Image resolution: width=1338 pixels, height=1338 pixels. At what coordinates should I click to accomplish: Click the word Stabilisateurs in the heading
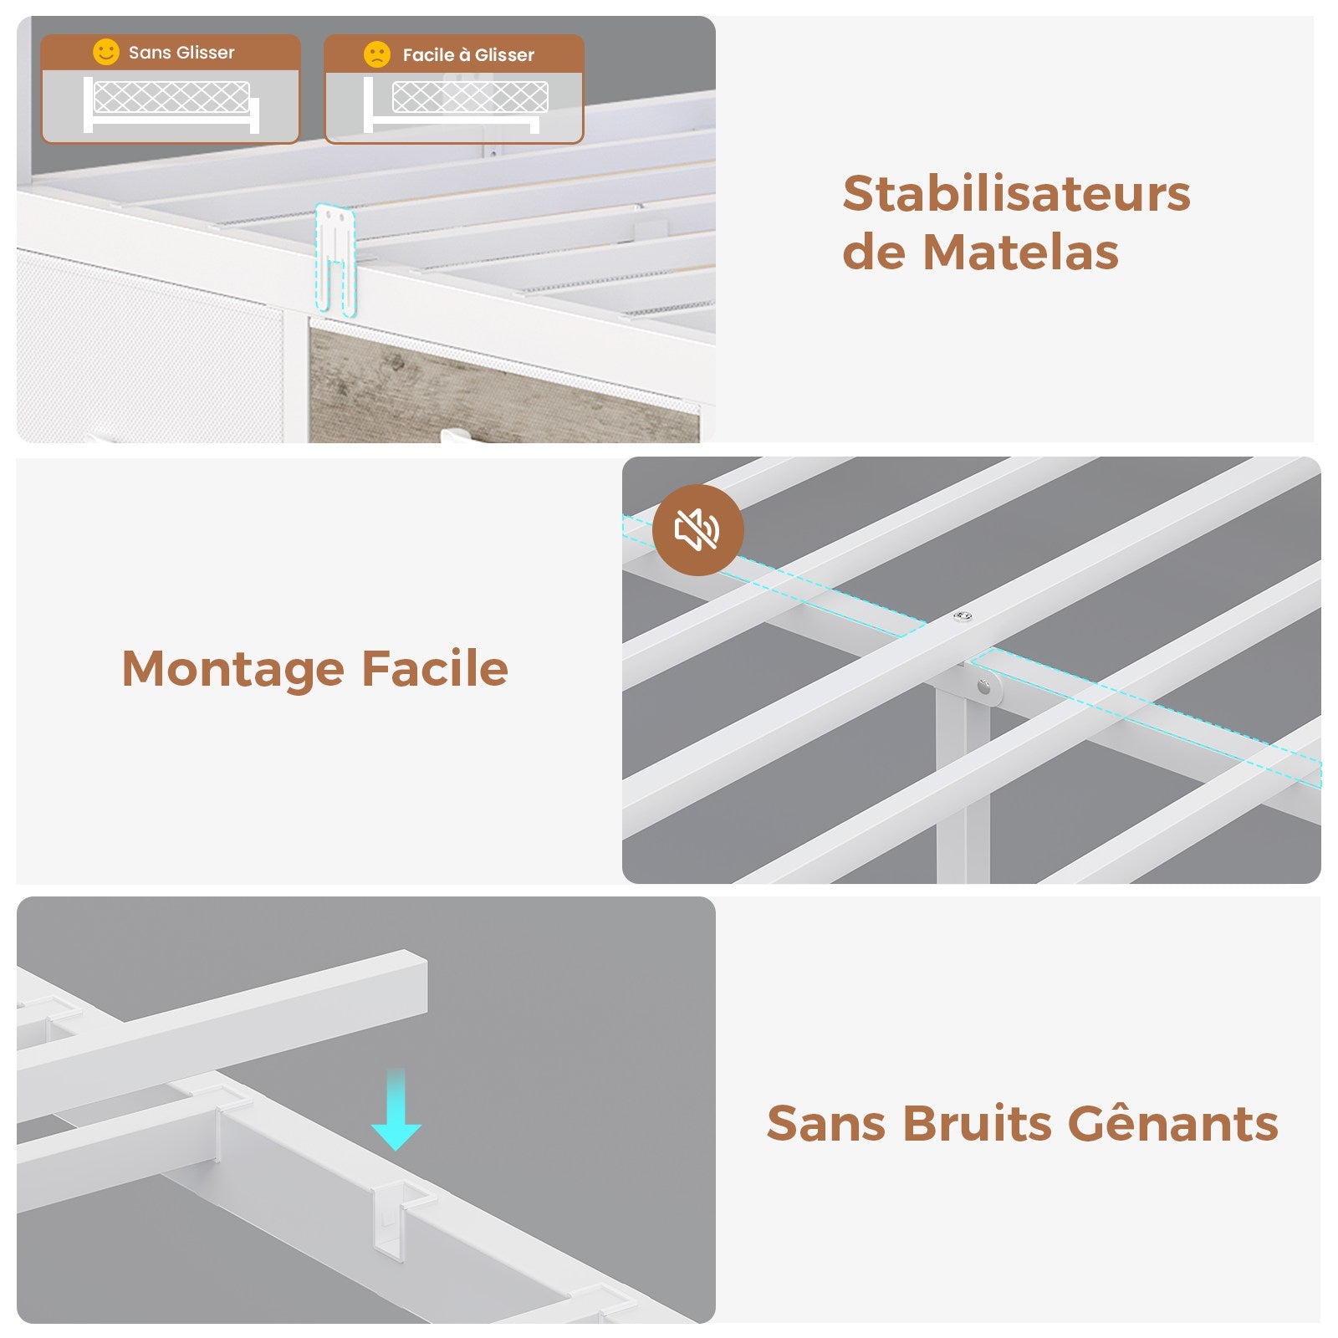(1016, 194)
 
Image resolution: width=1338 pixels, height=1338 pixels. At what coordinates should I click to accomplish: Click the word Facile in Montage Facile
(435, 668)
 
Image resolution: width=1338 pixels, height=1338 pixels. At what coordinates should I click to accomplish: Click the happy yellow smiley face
(106, 52)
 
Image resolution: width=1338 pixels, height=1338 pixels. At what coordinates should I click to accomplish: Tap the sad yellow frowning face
(377, 54)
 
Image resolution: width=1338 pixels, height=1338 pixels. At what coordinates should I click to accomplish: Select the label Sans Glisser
(181, 53)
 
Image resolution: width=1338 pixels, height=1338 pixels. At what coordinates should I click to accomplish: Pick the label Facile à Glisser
(468, 55)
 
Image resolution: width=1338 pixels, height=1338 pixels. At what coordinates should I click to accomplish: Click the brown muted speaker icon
(697, 529)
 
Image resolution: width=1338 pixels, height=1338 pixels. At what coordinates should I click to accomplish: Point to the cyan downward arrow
(396, 1109)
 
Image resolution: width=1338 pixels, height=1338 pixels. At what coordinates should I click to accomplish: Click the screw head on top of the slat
(963, 617)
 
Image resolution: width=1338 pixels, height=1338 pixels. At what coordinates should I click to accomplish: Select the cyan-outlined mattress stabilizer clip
(335, 260)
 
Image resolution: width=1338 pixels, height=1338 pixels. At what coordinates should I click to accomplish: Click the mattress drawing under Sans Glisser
(171, 98)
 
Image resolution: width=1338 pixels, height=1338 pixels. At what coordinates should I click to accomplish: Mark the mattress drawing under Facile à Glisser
(470, 97)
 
